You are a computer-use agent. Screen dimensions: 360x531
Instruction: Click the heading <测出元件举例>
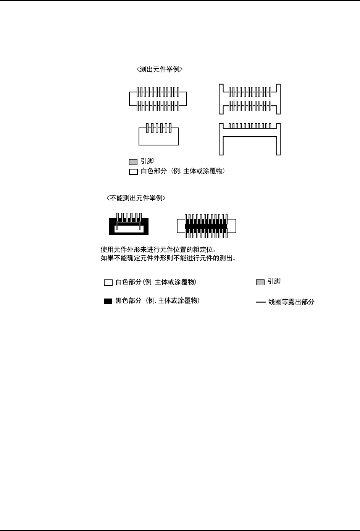(x=160, y=69)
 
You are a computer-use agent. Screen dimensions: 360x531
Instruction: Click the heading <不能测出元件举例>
(x=136, y=198)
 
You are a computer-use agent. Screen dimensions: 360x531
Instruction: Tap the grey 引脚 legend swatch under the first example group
(x=133, y=162)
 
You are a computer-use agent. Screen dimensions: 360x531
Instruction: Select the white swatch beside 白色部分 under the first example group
(x=133, y=172)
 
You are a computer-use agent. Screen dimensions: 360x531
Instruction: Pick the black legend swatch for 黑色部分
(x=108, y=301)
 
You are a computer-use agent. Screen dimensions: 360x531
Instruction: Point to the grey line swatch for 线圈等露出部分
(x=261, y=302)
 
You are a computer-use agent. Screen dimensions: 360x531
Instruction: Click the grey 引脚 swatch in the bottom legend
(x=260, y=282)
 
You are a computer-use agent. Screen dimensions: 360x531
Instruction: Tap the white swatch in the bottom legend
(x=108, y=283)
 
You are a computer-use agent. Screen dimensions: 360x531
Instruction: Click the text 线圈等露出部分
(x=291, y=302)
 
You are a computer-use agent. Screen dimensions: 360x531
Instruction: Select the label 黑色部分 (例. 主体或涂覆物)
(x=157, y=301)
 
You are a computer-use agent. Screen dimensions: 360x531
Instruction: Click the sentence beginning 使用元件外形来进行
(x=158, y=250)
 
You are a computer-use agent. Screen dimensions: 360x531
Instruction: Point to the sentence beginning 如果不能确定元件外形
(x=168, y=258)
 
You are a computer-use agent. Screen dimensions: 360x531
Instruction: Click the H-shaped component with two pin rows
(x=250, y=99)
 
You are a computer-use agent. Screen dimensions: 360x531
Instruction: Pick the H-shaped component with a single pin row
(x=250, y=139)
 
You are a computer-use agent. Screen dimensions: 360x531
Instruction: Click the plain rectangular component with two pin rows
(x=158, y=99)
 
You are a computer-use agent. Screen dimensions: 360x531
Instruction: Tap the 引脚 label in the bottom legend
(x=274, y=282)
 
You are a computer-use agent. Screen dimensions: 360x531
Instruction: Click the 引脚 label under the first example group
(x=147, y=161)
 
